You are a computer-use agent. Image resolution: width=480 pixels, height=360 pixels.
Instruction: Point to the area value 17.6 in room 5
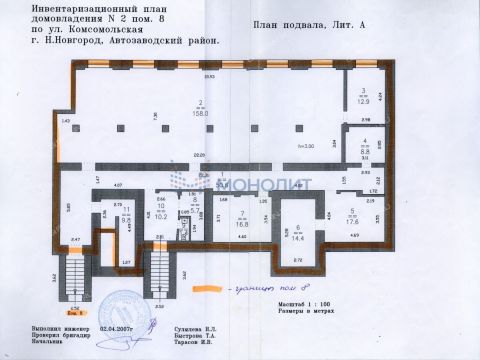tap(353, 221)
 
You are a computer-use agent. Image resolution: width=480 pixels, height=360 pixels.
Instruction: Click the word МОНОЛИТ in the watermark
tap(264, 182)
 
